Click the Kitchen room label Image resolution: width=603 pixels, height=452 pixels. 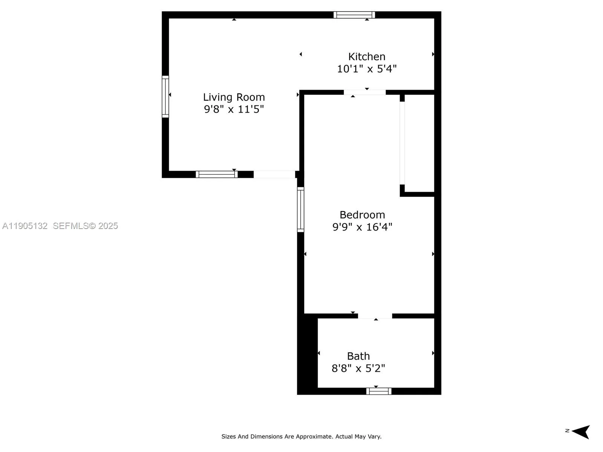click(x=367, y=56)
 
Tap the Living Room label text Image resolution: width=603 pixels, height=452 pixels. click(x=234, y=97)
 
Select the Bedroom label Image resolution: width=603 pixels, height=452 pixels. click(x=362, y=215)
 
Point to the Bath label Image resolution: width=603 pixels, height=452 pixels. click(x=358, y=356)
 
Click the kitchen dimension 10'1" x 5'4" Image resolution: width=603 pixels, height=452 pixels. click(x=367, y=69)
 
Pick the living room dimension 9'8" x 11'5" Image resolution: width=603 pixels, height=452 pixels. click(x=234, y=109)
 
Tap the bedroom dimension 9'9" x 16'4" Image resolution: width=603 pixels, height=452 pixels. click(x=362, y=227)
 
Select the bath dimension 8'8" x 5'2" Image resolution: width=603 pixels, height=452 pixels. click(x=358, y=368)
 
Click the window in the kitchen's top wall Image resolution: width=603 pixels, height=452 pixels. click(x=354, y=15)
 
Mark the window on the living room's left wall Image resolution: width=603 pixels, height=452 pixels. click(x=165, y=96)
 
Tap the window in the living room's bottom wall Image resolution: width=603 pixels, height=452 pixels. click(x=216, y=174)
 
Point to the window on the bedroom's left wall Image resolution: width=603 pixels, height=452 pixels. click(x=300, y=209)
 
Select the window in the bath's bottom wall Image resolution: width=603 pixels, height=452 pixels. click(x=379, y=391)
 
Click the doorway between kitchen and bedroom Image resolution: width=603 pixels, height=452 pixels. click(x=364, y=92)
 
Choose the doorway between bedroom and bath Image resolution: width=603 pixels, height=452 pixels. click(x=375, y=316)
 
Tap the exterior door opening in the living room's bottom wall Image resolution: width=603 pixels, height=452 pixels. click(x=274, y=174)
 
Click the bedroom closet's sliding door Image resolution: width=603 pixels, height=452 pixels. click(x=402, y=143)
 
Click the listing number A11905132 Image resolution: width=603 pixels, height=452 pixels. click(x=25, y=226)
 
